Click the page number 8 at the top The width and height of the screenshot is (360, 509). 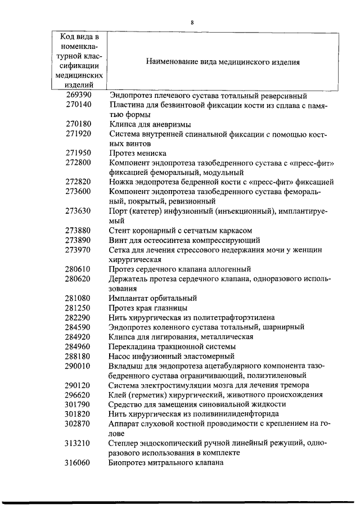pos(192,22)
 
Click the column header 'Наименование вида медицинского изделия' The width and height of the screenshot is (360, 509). pos(223,62)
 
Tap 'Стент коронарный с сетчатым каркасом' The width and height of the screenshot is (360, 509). pos(180,230)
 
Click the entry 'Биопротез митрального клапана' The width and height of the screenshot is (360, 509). pos(166,462)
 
